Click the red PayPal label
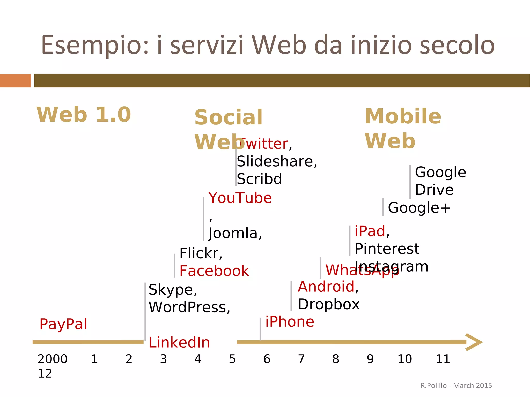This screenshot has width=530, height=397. pos(63,324)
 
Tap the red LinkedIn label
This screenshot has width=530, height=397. pos(179,342)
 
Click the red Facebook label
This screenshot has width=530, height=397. pos(214,271)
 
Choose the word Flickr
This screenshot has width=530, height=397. pos(199,253)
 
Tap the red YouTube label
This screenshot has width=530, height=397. pos(240,198)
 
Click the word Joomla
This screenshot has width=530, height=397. pos(233,233)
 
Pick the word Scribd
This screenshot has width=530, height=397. pos(259,179)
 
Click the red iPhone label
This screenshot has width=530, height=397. pos(290,322)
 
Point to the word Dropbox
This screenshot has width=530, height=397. pos(329,304)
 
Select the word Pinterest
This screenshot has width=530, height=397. pos(387,249)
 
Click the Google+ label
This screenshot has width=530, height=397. pos(419,208)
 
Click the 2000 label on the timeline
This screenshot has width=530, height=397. pos(52,359)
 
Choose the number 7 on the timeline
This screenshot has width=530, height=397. pos(301,359)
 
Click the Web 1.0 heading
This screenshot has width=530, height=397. pos(84,115)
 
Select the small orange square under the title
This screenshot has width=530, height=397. pos(15,81)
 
